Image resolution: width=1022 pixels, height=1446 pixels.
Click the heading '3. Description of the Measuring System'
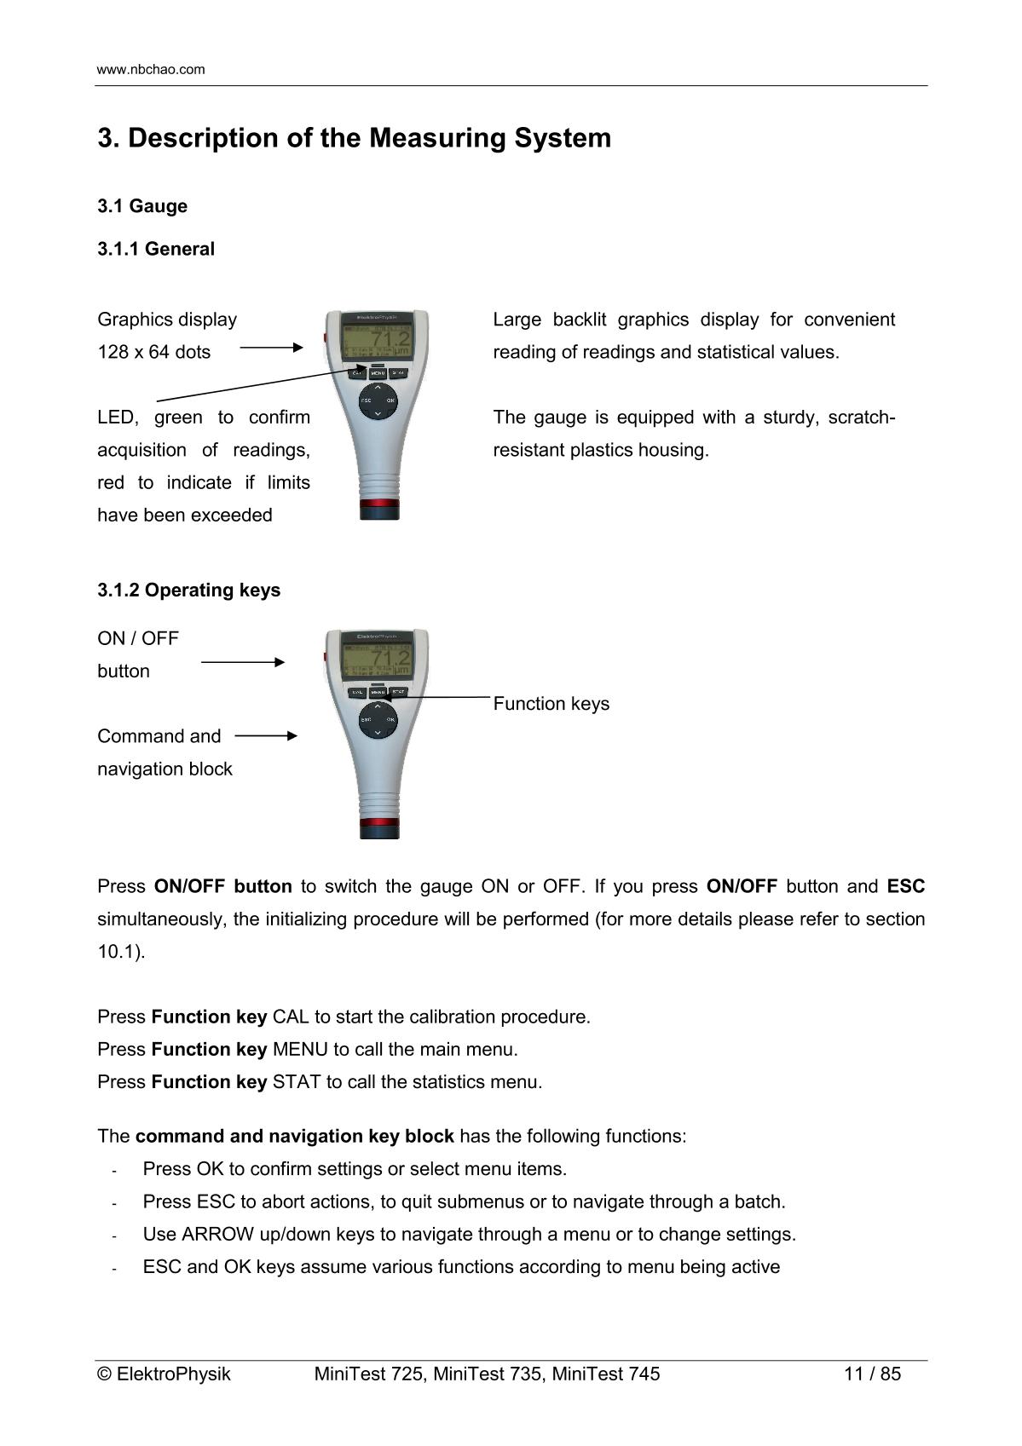click(x=354, y=138)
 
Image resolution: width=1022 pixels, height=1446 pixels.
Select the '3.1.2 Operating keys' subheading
click(x=188, y=590)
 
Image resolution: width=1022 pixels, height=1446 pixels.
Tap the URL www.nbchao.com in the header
click(x=151, y=70)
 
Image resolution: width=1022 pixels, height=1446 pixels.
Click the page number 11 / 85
click(x=872, y=1374)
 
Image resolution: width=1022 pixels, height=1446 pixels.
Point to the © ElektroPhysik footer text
click(x=164, y=1374)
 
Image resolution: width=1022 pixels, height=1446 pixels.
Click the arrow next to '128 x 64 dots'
click(x=271, y=348)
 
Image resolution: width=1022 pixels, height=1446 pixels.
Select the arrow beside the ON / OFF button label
click(x=243, y=662)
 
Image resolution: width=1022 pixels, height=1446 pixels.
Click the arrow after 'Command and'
click(x=266, y=735)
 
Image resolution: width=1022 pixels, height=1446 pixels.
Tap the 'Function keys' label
click(x=551, y=704)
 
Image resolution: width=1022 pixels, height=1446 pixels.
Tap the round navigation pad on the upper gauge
click(x=378, y=400)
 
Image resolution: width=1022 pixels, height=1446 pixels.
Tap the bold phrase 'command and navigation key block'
click(x=294, y=1137)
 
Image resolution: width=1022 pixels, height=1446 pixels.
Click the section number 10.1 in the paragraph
click(x=118, y=952)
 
